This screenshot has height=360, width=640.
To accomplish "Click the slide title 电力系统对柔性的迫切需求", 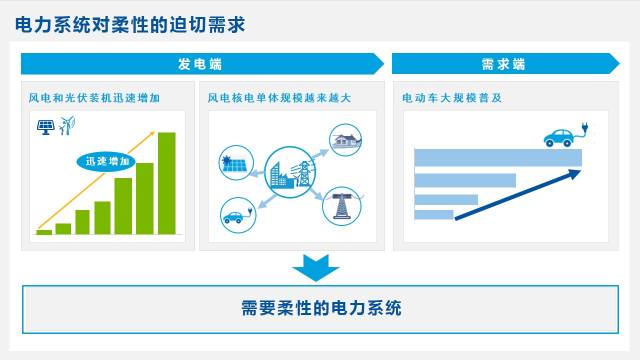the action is tap(130, 24).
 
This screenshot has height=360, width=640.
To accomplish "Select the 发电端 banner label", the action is tap(200, 64).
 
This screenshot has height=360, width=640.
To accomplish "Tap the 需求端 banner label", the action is tap(503, 64).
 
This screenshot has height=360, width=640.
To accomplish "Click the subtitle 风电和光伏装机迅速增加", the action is tap(94, 98).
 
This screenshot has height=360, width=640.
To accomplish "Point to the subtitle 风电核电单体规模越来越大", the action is tap(279, 98).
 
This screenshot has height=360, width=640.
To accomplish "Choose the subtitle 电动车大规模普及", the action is tap(452, 98).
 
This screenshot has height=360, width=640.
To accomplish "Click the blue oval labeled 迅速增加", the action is tap(106, 162).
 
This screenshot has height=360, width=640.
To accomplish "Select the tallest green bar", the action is tap(167, 183).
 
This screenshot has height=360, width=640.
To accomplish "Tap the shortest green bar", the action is tap(44, 232).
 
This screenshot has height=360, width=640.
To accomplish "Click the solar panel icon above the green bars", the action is tap(46, 127).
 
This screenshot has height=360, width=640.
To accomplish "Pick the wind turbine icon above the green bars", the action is tap(67, 125).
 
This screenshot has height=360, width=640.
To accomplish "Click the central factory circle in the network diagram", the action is tap(290, 172).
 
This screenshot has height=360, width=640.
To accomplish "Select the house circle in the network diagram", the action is tap(346, 140).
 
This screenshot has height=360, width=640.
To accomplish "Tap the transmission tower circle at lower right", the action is tap(342, 206).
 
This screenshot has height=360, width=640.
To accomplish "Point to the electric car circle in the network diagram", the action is tap(238, 215).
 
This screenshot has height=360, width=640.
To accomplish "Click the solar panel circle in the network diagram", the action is tap(236, 162).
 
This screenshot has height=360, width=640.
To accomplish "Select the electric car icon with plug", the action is tap(566, 135).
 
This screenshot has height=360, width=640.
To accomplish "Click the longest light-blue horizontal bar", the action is tap(498, 158).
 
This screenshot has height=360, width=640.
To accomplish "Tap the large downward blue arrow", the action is tap(316, 268).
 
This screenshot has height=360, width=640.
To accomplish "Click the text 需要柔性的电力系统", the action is tap(321, 308).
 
